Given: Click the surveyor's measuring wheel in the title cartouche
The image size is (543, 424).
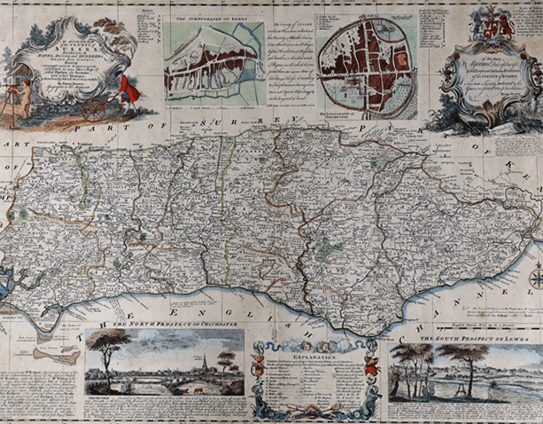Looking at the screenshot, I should tap(94, 109).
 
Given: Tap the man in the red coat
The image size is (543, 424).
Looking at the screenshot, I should tap(126, 89).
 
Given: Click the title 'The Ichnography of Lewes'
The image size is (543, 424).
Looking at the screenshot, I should tap(213, 18).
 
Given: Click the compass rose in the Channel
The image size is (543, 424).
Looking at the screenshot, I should tap(535, 280).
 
